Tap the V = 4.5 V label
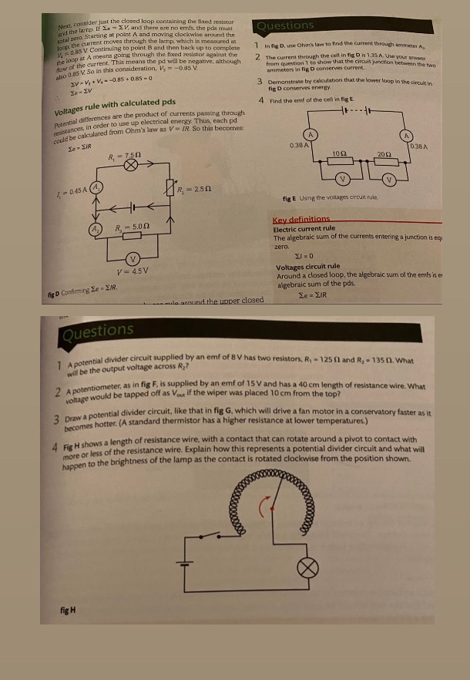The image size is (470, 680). coord(132,271)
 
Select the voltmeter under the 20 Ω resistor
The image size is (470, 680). coord(390,180)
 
